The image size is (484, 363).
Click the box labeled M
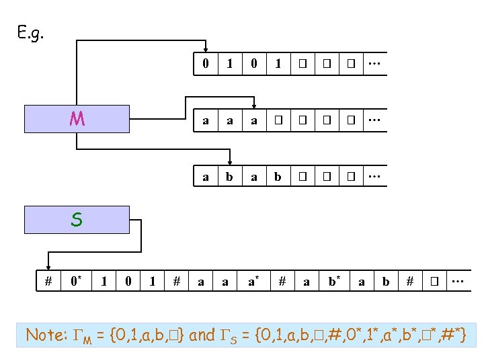pos(77,120)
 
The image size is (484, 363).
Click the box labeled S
pos(77,220)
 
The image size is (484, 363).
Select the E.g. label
pos(31,32)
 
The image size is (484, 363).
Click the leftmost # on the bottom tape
pos(48,281)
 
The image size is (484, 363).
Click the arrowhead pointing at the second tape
pos(254,105)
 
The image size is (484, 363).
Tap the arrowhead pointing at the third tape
pos(230,162)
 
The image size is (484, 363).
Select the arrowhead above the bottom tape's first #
pos(48,265)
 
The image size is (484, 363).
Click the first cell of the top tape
pos(206,64)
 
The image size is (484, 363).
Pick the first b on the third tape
pos(230,177)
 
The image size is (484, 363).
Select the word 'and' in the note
pos(202,334)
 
